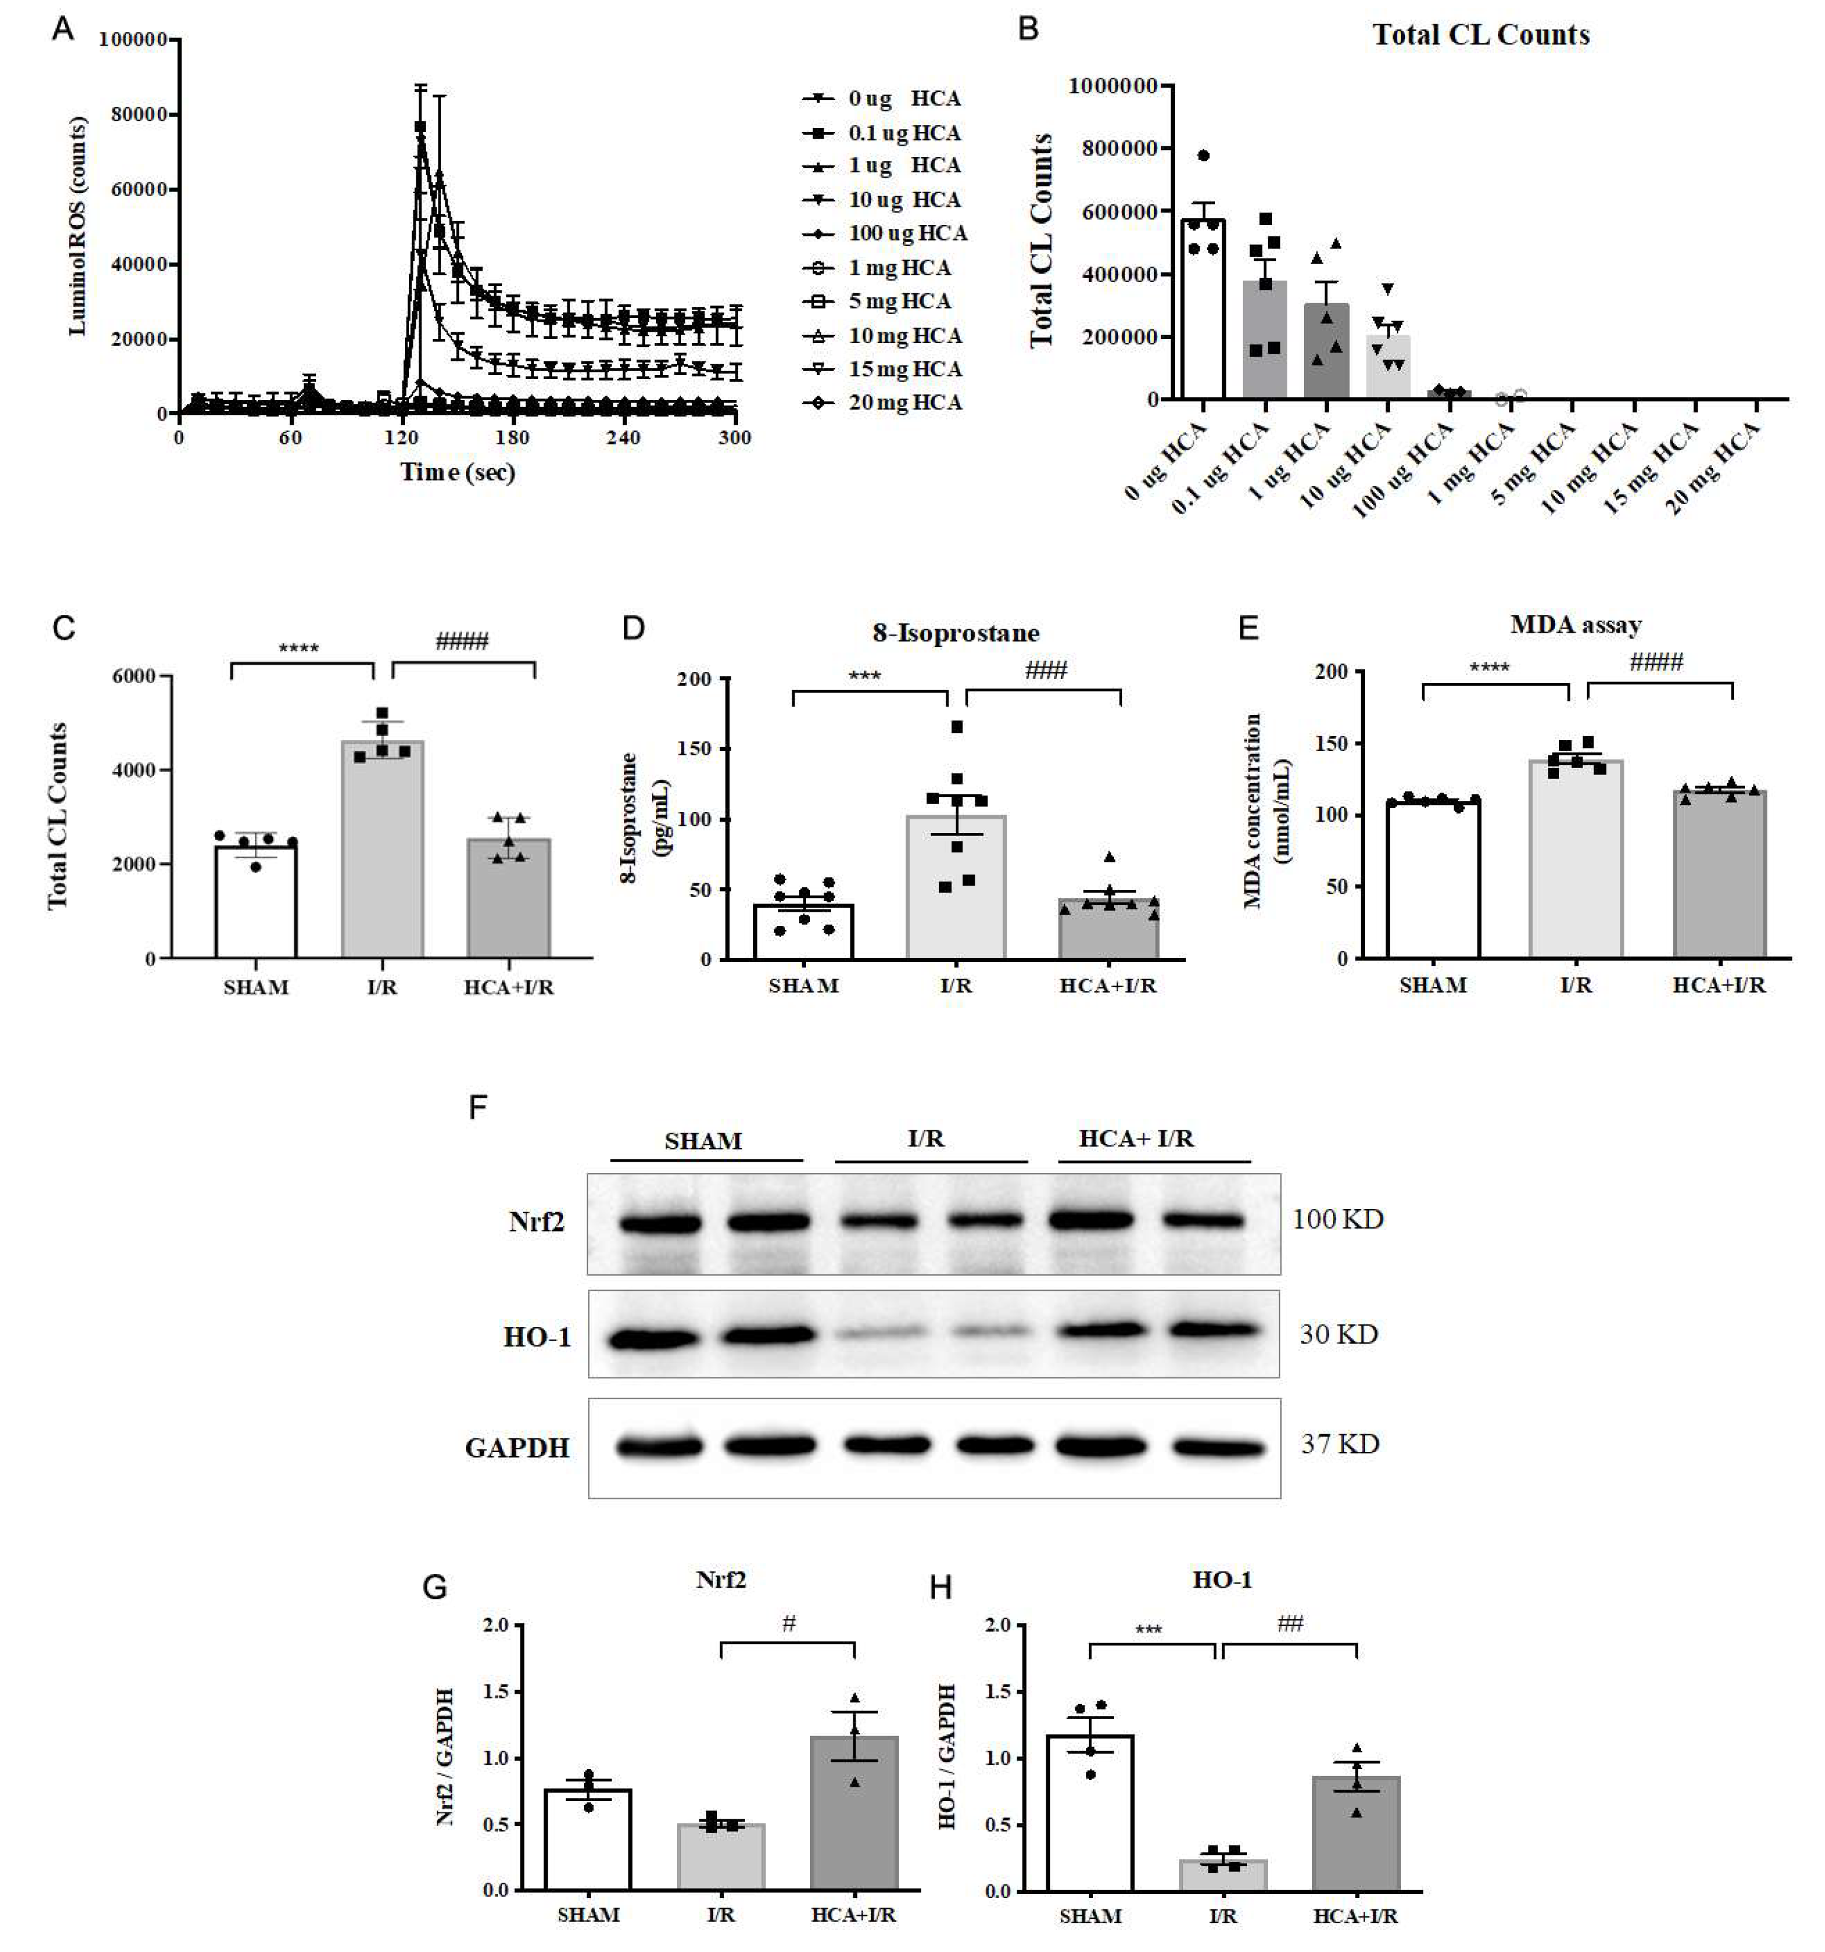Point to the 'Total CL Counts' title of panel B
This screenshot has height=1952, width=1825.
[1480, 36]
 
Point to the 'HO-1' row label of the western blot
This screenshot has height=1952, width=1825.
[537, 1336]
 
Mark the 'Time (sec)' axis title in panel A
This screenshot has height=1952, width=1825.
[458, 472]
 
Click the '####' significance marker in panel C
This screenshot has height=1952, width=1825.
[461, 642]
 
